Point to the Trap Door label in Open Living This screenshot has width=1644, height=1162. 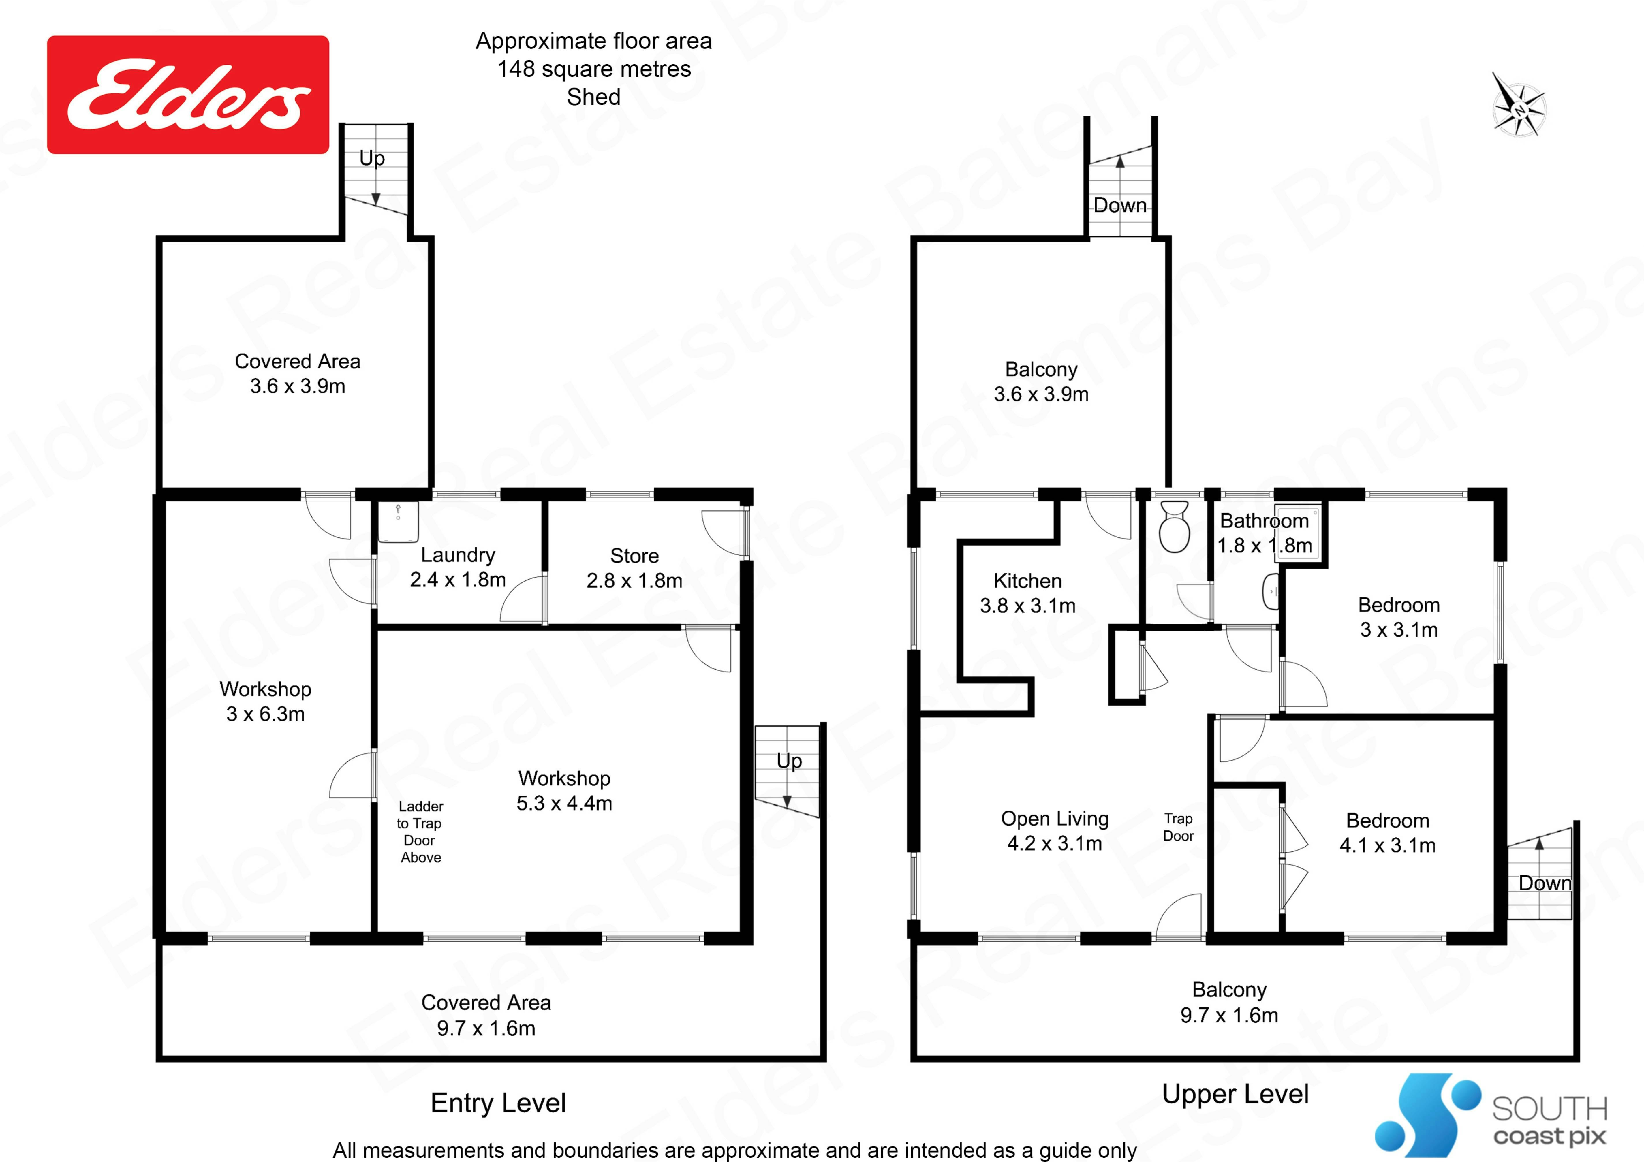pyautogui.click(x=1178, y=827)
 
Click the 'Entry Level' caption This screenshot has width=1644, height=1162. pyautogui.click(x=498, y=1103)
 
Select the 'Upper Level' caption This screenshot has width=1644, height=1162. pyautogui.click(x=1235, y=1094)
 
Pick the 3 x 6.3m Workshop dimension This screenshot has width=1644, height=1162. pyautogui.click(x=266, y=714)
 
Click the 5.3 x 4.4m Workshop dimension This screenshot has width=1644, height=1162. pyautogui.click(x=564, y=803)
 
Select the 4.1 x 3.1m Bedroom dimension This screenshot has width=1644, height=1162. pyautogui.click(x=1388, y=845)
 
